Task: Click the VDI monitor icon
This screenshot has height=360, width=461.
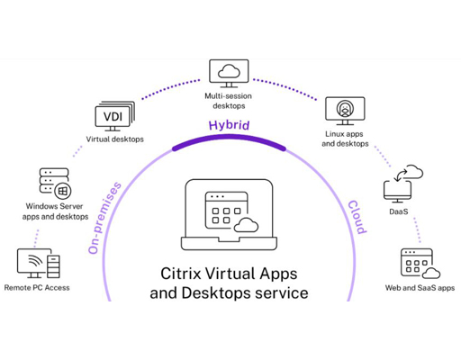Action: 114,116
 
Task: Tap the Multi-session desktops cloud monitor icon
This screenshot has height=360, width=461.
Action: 229,74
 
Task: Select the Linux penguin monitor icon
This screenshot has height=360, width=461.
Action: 345,111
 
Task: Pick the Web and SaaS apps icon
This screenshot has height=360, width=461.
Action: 420,264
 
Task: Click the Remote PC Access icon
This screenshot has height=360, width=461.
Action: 39,264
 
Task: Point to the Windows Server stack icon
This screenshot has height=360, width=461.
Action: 55,184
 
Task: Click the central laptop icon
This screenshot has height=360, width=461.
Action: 229,215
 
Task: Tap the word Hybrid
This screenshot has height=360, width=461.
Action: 229,125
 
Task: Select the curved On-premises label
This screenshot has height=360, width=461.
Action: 104,218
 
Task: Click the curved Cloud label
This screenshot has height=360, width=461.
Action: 357,217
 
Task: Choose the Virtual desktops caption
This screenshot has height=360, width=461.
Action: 115,139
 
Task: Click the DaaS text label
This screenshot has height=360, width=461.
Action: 399,211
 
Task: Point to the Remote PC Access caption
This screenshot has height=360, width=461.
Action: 37,288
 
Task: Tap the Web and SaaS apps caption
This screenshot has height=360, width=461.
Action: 420,288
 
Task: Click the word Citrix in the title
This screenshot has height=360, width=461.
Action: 181,274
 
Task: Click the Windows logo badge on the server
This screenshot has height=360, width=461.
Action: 63,191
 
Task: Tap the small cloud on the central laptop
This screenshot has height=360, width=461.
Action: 246,225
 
